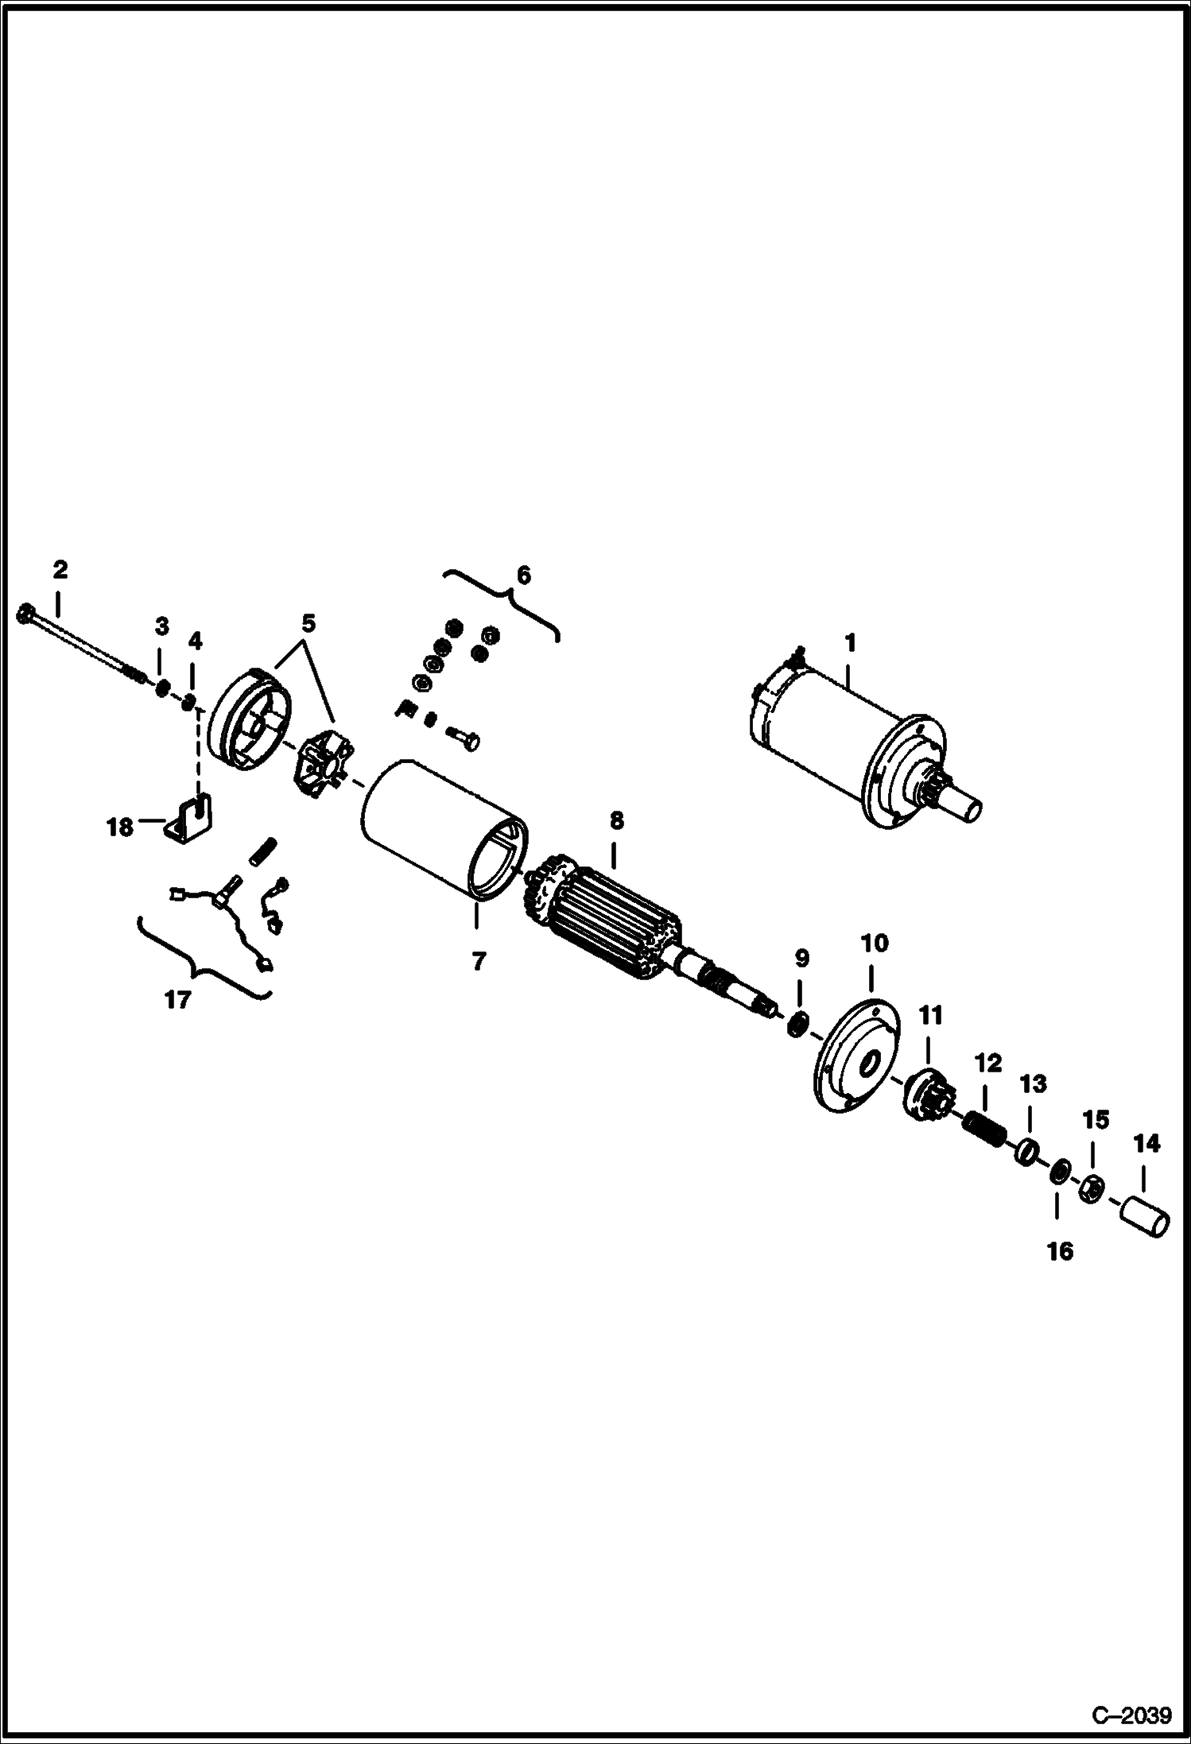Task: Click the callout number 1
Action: pyautogui.click(x=850, y=641)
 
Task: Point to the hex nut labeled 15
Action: pyautogui.click(x=1092, y=1189)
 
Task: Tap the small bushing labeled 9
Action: pyautogui.click(x=798, y=1025)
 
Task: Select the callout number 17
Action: pyautogui.click(x=178, y=999)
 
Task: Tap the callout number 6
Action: pyautogui.click(x=523, y=575)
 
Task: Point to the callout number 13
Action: pyautogui.click(x=1034, y=1083)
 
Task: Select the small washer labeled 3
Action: pyautogui.click(x=161, y=688)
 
